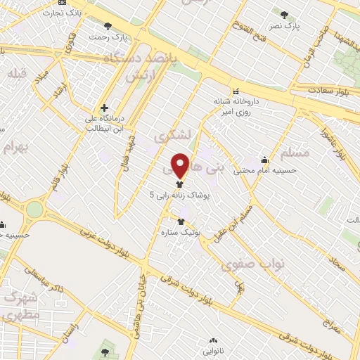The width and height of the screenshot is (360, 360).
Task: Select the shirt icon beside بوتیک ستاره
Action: (181, 221)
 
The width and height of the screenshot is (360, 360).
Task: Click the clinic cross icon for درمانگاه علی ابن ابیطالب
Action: (105, 108)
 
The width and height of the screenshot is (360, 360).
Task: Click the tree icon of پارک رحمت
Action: (108, 25)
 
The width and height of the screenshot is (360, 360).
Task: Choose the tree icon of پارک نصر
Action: (284, 15)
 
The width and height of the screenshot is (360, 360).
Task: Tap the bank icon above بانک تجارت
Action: (64, 3)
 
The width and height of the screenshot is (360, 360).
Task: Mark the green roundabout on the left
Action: (33, 209)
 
